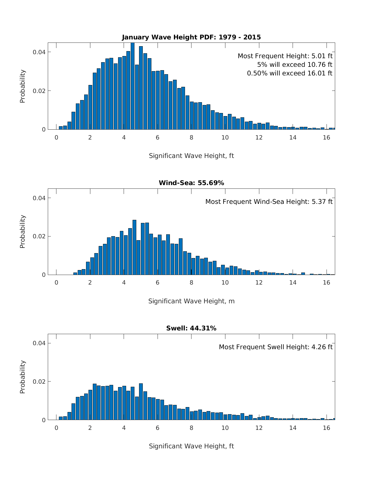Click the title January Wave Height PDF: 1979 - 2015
[x=191, y=37]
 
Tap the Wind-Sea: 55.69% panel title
[x=191, y=183]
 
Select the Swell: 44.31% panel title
[x=191, y=328]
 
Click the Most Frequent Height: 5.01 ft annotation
[x=285, y=56]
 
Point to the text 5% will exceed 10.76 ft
[x=294, y=65]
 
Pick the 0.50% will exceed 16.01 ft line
[x=290, y=73]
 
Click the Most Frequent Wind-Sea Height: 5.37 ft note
[x=269, y=202]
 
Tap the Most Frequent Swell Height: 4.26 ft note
[x=276, y=347]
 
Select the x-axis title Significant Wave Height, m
[x=191, y=301]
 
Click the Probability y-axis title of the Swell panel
[x=23, y=377]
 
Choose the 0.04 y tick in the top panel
[x=39, y=52]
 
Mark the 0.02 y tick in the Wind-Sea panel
[x=39, y=236]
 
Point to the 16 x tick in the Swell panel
[x=326, y=428]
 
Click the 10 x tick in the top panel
[x=225, y=138]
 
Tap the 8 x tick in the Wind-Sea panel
[x=191, y=283]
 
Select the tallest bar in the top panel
[x=133, y=86]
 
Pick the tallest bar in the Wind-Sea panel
[x=134, y=247]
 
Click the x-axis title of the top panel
[x=191, y=156]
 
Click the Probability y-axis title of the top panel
[x=23, y=86]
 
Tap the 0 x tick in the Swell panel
[x=56, y=428]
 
